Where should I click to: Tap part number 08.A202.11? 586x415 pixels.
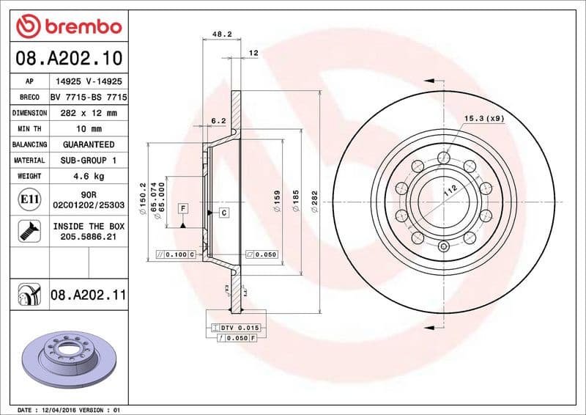(89, 295)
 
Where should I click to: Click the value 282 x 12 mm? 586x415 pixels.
(89, 113)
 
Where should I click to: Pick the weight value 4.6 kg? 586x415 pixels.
(89, 176)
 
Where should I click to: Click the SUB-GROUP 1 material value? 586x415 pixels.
(89, 160)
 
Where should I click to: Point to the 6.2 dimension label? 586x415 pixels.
(218, 121)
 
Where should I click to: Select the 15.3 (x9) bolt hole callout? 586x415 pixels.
(484, 118)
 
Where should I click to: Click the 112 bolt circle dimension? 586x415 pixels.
(448, 193)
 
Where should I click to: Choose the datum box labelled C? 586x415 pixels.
(222, 213)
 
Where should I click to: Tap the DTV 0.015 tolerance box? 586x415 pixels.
(234, 327)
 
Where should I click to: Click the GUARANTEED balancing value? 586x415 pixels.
(89, 144)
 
